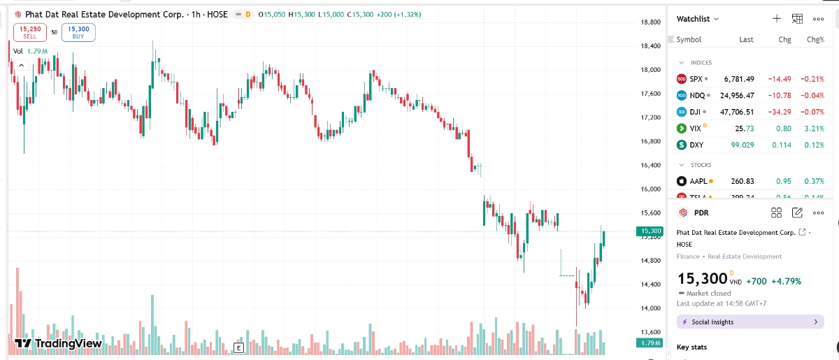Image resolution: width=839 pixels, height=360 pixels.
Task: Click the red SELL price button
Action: coord(30,31)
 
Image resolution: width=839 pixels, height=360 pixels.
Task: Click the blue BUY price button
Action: coord(78,31)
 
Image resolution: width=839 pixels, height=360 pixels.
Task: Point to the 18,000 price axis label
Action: coord(651,70)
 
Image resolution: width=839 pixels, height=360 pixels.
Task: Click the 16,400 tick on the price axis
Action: coord(651,165)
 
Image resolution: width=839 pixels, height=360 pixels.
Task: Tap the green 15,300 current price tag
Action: coord(650,231)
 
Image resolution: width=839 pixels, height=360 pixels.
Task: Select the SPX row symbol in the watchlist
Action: coord(695,79)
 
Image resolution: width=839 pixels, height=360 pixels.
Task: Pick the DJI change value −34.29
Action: coord(780,112)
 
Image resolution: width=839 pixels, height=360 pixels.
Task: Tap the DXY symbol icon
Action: coord(682,145)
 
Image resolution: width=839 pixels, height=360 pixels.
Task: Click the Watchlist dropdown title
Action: coord(698,19)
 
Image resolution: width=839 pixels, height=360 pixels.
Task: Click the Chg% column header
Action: coord(815,40)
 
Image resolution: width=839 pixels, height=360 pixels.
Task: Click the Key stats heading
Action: coord(691,347)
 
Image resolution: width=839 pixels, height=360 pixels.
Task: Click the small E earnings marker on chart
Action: coord(238,347)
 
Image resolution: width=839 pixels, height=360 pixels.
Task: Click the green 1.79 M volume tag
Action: coord(650,343)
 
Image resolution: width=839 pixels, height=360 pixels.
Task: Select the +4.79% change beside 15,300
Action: coord(786,281)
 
